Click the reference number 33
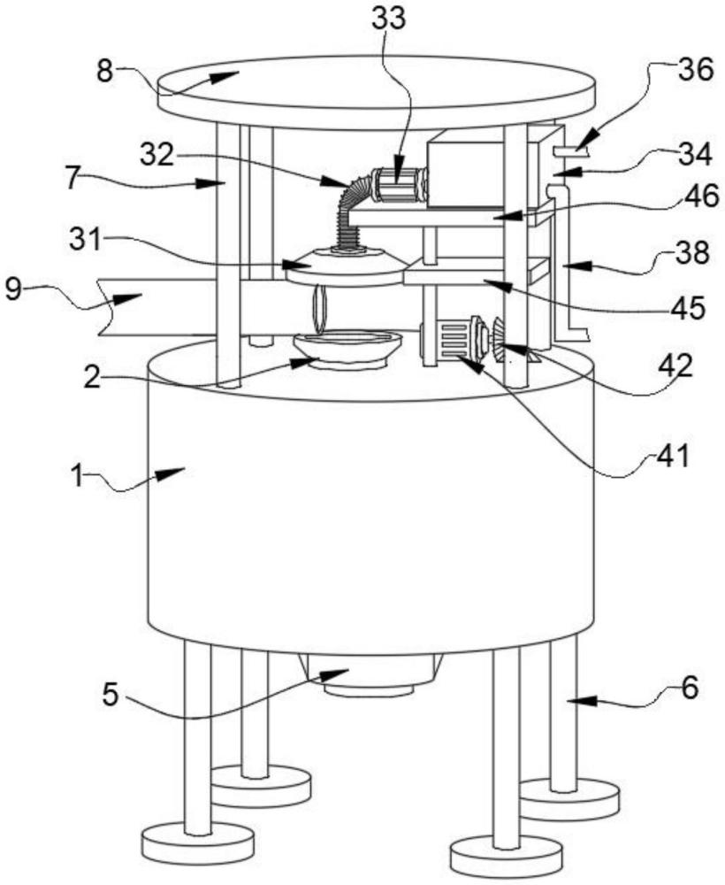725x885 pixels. tap(388, 18)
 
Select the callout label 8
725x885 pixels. tap(105, 73)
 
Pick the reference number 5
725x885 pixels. tap(111, 694)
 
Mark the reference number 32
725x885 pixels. tap(157, 155)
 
